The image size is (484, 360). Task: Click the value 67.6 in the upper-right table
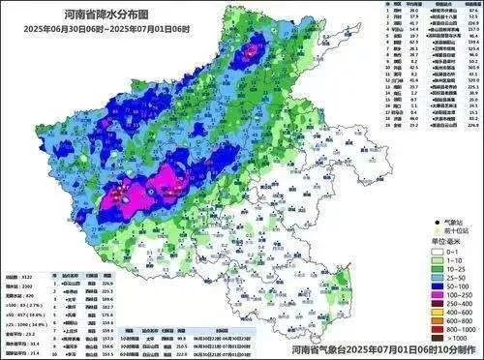tap(473, 11)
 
